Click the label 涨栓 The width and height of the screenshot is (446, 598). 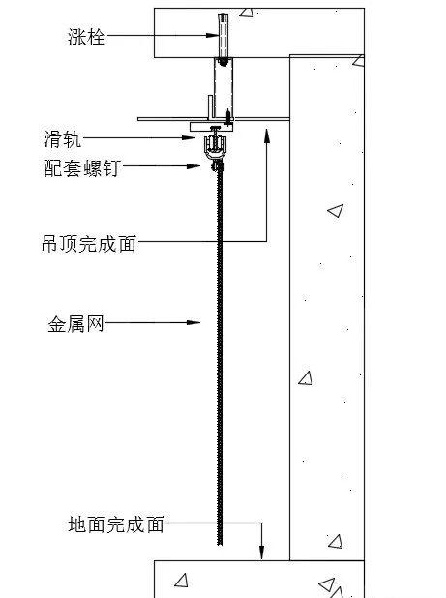pyautogui.click(x=86, y=37)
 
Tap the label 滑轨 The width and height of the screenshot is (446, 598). pyautogui.click(x=62, y=138)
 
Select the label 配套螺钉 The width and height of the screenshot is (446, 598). pyautogui.click(x=82, y=167)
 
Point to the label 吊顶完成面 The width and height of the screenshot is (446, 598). pyautogui.click(x=89, y=243)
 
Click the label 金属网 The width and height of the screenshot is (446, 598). pyautogui.click(x=75, y=324)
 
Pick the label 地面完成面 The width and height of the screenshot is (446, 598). pyautogui.click(x=116, y=524)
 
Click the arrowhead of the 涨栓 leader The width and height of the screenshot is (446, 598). pyautogui.click(x=212, y=36)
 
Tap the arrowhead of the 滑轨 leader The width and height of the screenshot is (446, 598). pyautogui.click(x=189, y=137)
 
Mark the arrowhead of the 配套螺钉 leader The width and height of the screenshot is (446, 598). pyautogui.click(x=193, y=165)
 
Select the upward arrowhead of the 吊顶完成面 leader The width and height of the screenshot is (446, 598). pyautogui.click(x=267, y=135)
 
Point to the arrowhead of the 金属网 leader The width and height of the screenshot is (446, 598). pyautogui.click(x=193, y=322)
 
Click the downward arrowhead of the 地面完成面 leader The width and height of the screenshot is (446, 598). pyautogui.click(x=261, y=553)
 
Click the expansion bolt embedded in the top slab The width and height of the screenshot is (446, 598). pyautogui.click(x=223, y=36)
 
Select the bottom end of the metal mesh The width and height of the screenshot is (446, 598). pyautogui.click(x=220, y=544)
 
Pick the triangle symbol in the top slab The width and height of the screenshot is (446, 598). pyautogui.click(x=247, y=12)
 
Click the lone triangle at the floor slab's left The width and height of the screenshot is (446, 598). pyautogui.click(x=182, y=581)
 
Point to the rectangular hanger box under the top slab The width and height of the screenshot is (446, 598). pyautogui.click(x=223, y=88)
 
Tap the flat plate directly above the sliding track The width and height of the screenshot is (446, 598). pyautogui.click(x=212, y=127)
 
